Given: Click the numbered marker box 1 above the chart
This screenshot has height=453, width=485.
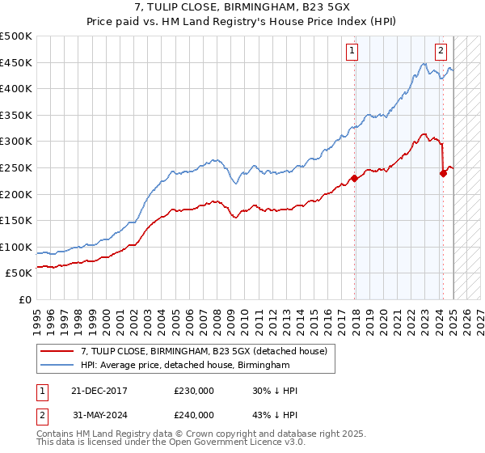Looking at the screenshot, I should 353,51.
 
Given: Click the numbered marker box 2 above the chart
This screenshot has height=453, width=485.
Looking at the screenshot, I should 441,51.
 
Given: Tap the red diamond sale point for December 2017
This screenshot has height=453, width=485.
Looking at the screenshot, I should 354,179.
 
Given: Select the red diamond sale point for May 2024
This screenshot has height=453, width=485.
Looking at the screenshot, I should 443,172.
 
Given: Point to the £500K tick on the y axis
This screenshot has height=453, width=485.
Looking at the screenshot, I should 16,36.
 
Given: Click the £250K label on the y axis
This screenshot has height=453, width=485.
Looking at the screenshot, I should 16,167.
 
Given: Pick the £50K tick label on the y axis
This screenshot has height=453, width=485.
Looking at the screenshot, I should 19,273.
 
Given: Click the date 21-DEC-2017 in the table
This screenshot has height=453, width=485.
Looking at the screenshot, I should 100,391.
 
